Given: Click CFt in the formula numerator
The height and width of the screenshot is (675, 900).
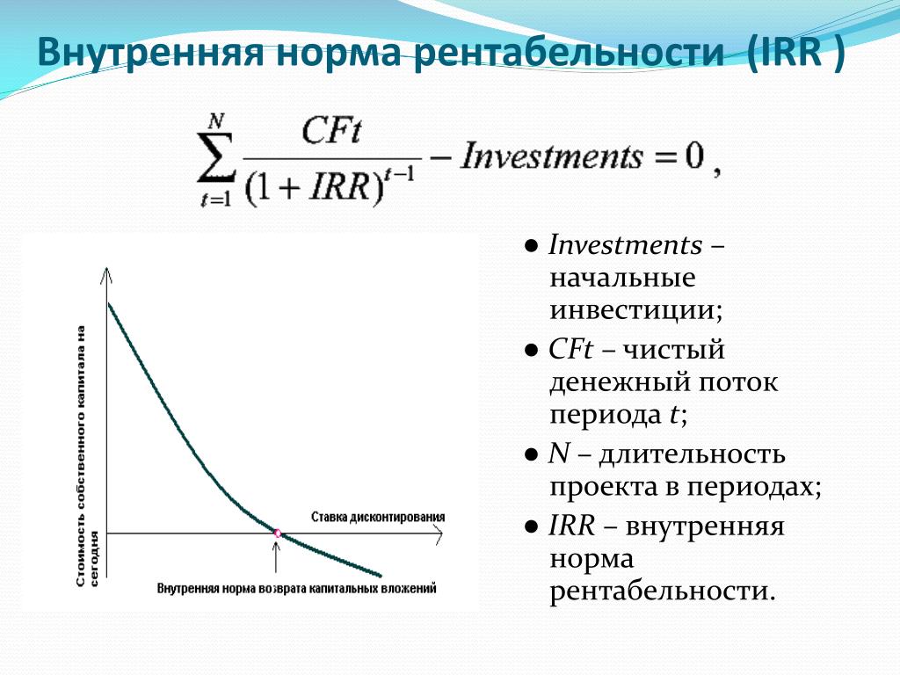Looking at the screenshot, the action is [331, 130].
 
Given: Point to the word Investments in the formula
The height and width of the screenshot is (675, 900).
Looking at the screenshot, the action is [552, 156].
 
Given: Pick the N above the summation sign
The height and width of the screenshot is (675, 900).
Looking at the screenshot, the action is [216, 121].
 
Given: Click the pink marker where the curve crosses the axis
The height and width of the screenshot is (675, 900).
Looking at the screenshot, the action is [278, 533].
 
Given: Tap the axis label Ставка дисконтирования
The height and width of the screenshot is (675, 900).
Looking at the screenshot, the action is [378, 517].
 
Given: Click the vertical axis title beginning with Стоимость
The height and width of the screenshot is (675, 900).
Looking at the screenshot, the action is [87, 456].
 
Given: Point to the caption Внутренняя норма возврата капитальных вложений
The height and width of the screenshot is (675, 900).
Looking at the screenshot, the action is [297, 588].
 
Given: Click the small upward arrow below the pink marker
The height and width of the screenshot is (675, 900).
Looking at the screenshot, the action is [276, 556].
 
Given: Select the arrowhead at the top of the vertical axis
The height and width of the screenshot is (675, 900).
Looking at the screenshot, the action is [106, 274].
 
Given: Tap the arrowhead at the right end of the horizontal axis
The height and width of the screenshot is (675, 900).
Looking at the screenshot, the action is [439, 533].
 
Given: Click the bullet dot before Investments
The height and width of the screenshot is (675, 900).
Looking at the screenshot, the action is [532, 246].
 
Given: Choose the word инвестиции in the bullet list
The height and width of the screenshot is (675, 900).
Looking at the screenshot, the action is [636, 310].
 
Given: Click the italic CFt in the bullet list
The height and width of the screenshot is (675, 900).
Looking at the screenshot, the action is [570, 349].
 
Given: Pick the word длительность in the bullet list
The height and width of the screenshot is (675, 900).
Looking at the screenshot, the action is [693, 454].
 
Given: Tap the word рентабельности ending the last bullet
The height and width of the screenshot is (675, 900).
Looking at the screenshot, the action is [663, 591].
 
